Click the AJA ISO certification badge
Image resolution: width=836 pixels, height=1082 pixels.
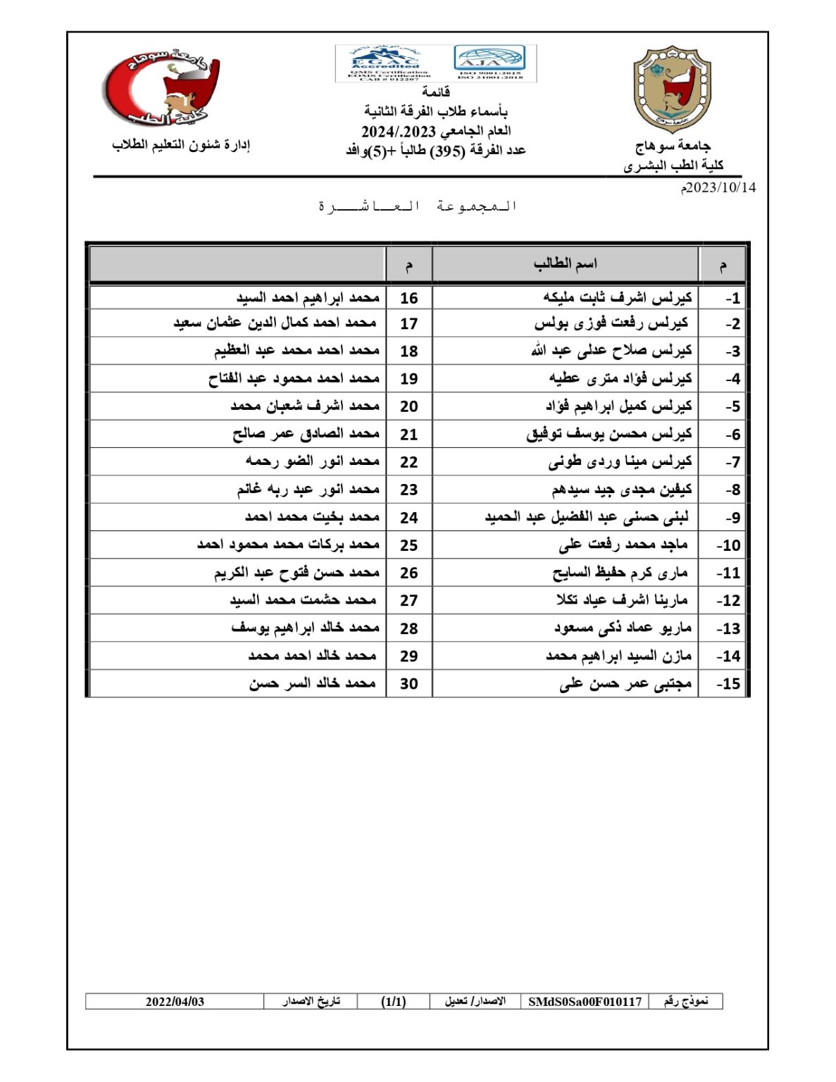point(490,63)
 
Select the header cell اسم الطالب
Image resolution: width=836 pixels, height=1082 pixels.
point(565,264)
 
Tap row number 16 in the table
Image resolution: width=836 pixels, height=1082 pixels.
point(408,298)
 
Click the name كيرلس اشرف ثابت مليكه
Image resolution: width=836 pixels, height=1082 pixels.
point(618,298)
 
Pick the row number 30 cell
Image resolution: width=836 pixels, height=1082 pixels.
point(408,683)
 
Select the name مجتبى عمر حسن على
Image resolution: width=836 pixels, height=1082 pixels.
point(625,683)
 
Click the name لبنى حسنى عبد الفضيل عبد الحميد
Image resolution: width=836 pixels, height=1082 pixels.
point(587,517)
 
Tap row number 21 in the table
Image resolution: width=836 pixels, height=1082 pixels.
point(408,435)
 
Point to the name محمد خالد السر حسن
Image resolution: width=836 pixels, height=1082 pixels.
point(312,683)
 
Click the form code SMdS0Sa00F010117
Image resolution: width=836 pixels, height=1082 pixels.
point(585,1001)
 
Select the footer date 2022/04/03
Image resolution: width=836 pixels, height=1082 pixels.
point(175,1001)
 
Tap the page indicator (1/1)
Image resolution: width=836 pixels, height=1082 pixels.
point(393,1001)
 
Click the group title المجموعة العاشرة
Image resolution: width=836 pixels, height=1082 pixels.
point(418,206)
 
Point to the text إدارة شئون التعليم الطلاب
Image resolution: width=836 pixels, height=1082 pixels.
point(181,145)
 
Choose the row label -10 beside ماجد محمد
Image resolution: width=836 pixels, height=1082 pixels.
point(728,545)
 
